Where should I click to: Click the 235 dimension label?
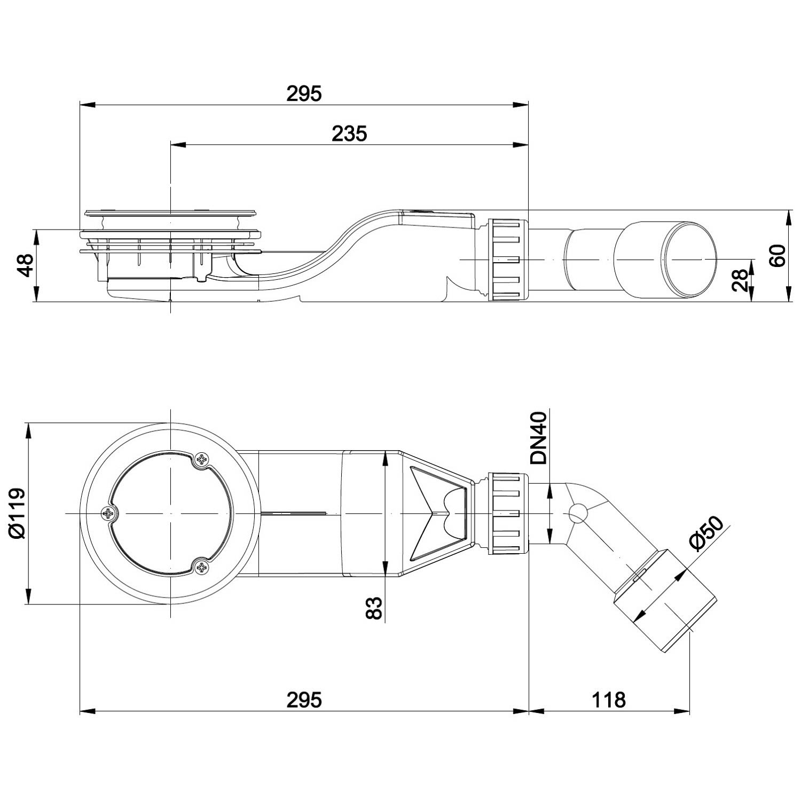tap(349, 133)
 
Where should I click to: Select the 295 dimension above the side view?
tap(304, 93)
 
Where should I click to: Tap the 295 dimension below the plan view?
tap(304, 699)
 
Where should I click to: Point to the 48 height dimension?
tap(25, 266)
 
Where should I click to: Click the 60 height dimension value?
tap(779, 256)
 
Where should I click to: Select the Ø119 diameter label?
tap(17, 513)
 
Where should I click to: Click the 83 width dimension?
tap(374, 607)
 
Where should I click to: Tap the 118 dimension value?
tap(608, 699)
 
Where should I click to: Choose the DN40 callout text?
tap(539, 438)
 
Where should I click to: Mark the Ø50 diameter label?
tap(706, 532)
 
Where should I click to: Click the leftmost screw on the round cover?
tap(109, 513)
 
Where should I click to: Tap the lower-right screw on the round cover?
tap(202, 567)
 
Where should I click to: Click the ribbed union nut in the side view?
tap(507, 260)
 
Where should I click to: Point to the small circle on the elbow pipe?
tap(577, 513)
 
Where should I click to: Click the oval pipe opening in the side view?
tap(689, 260)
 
